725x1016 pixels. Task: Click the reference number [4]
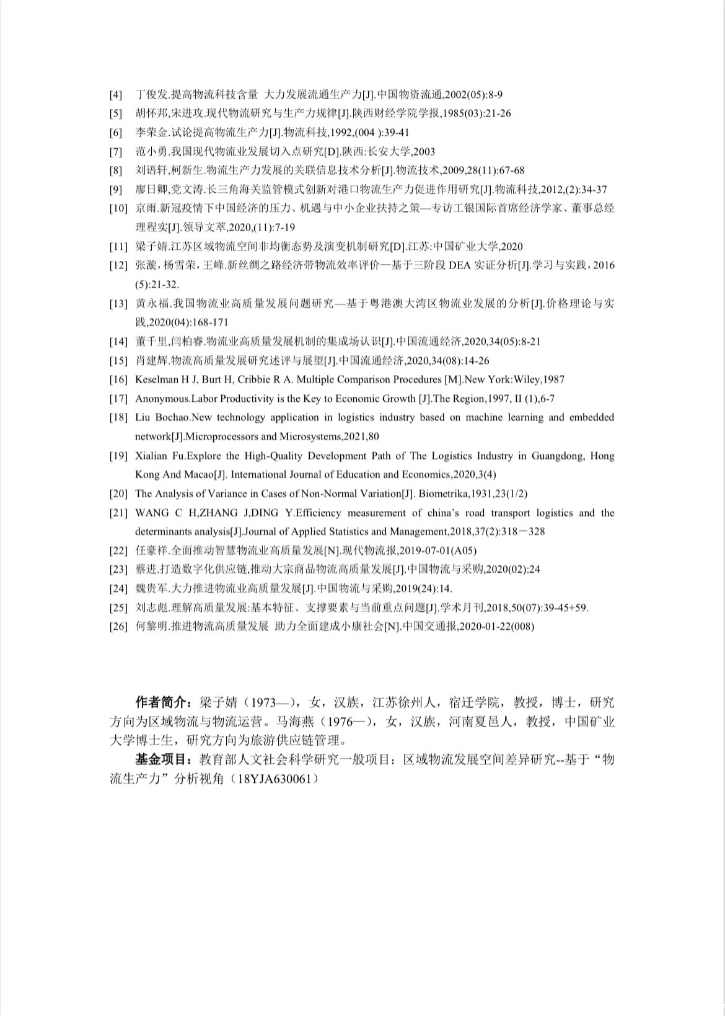[x=116, y=95]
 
